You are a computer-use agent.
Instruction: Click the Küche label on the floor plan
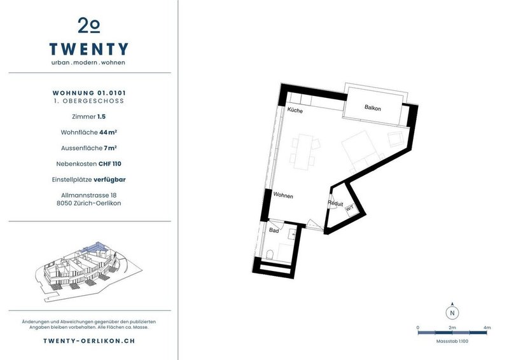pyautogui.click(x=295, y=111)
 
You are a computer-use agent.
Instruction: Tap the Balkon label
pyautogui.click(x=372, y=107)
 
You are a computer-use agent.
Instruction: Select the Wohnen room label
pyautogui.click(x=283, y=195)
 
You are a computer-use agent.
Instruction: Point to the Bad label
pyautogui.click(x=274, y=230)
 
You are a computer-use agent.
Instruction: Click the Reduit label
pyautogui.click(x=335, y=204)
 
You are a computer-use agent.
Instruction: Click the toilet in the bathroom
pyautogui.click(x=269, y=254)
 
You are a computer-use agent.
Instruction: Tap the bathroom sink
pyautogui.click(x=293, y=233)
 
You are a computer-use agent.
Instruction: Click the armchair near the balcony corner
pyautogui.click(x=396, y=139)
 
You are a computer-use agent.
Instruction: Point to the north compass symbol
pyautogui.click(x=452, y=312)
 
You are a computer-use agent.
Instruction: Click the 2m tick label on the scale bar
pyautogui.click(x=452, y=328)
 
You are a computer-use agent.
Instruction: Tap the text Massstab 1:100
pyautogui.click(x=452, y=341)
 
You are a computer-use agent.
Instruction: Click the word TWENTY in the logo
pyautogui.click(x=89, y=49)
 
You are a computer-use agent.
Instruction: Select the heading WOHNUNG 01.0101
pyautogui.click(x=89, y=93)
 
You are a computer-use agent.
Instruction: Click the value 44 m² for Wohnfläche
pyautogui.click(x=108, y=132)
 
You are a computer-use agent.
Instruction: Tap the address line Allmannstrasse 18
pyautogui.click(x=88, y=195)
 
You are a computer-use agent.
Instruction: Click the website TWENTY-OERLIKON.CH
pyautogui.click(x=89, y=341)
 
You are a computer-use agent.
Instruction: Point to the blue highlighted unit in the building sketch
pyautogui.click(x=94, y=247)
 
